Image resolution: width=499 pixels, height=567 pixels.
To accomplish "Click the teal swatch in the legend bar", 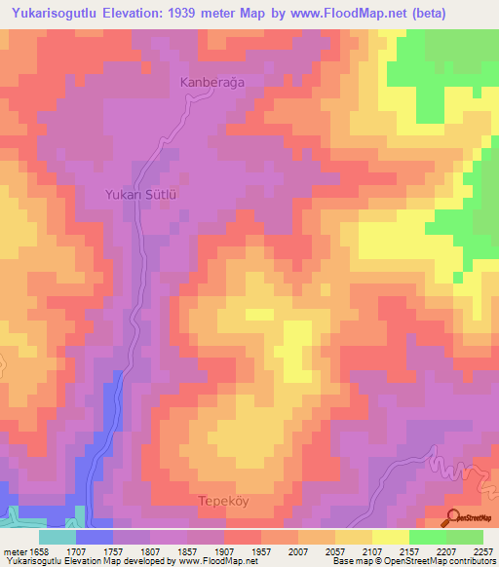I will point(58,537).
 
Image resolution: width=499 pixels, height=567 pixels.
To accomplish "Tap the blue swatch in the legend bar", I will point(95,537).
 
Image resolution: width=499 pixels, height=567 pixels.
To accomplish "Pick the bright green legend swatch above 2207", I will point(428,537).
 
